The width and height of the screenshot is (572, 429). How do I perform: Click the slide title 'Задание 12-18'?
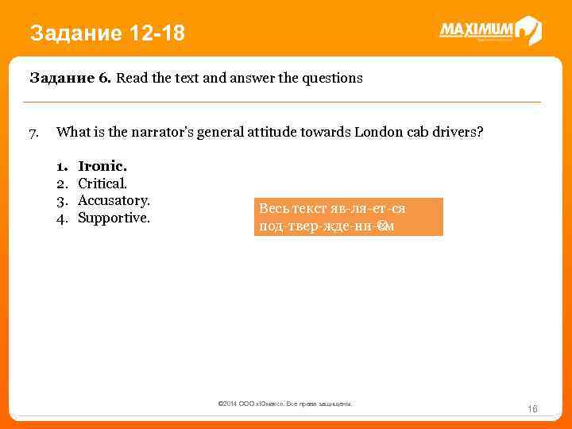[x=106, y=33]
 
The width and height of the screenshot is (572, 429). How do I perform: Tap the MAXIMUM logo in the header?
[x=490, y=31]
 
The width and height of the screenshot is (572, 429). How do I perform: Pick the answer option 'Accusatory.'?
[x=114, y=200]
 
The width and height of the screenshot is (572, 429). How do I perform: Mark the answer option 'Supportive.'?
[x=114, y=217]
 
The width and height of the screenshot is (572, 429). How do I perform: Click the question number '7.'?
[x=34, y=132]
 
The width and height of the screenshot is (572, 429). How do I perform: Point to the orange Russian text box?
[x=348, y=217]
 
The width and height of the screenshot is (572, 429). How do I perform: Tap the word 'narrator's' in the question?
[x=156, y=132]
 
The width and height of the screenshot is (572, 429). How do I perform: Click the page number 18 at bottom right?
[x=533, y=409]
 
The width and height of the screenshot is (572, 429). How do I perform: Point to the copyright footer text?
[x=284, y=404]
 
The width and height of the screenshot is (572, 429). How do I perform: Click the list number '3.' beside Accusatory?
[x=62, y=200]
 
